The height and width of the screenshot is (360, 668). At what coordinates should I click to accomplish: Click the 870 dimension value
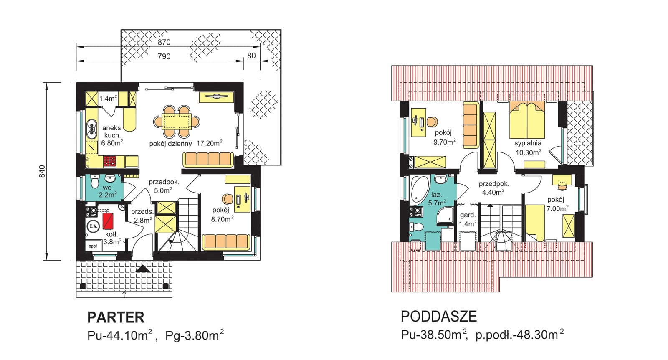click(164, 42)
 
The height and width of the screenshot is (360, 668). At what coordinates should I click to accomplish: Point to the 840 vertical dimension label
click(42, 172)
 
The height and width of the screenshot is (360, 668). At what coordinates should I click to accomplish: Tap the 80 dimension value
click(251, 56)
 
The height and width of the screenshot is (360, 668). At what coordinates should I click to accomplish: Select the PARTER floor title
click(116, 317)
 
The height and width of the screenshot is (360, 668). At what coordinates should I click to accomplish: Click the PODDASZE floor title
click(439, 317)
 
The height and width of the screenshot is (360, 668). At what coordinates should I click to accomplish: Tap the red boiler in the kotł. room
click(108, 221)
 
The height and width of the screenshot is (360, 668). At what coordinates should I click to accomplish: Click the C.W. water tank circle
click(94, 226)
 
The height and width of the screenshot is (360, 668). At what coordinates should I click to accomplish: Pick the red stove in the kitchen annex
click(110, 161)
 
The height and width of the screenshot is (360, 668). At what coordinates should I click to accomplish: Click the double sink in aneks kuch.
click(91, 129)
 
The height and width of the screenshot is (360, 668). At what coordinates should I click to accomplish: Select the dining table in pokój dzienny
click(177, 122)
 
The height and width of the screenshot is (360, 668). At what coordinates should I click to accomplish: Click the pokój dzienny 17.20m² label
click(186, 144)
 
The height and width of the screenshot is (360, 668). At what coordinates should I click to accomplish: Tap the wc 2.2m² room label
click(107, 191)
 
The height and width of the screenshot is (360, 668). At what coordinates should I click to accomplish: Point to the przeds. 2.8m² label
click(142, 216)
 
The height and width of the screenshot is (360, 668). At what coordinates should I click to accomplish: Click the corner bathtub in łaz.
click(419, 189)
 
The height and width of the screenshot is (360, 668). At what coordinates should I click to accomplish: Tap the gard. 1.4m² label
click(467, 219)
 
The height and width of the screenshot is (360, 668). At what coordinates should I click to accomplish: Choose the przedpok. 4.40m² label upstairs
click(493, 188)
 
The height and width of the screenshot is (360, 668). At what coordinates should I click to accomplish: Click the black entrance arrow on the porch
click(143, 269)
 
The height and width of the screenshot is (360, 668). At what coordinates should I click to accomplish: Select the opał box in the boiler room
click(93, 246)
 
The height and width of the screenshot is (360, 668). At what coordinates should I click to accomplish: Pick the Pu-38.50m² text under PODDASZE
click(434, 335)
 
